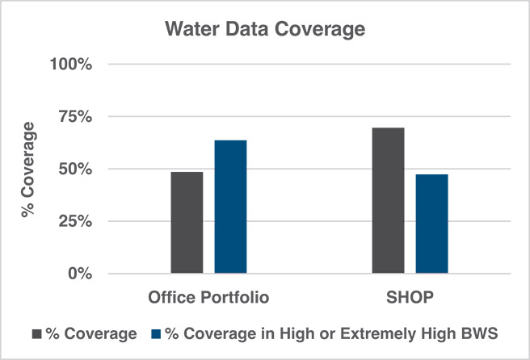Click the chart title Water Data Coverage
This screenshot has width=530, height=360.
265,30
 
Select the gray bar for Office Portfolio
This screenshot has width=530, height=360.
187,223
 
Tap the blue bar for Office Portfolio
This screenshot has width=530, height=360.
230,207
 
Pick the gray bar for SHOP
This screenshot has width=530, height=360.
389,200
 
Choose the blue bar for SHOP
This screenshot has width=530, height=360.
431,224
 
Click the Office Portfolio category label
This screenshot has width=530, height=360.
208,298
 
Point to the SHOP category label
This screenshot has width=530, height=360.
410,298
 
